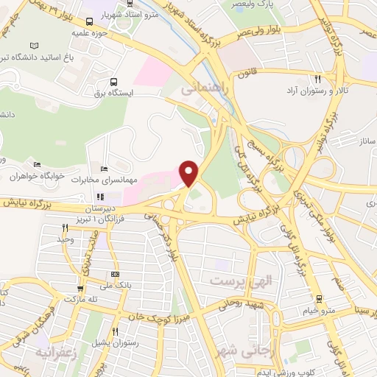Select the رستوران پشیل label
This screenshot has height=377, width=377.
pyautogui.click(x=110, y=344)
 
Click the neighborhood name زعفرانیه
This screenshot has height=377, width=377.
pyautogui.click(x=51, y=352)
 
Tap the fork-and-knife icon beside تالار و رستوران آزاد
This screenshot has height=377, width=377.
pyautogui.click(x=318, y=79)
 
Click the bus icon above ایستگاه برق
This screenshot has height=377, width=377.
pyautogui.click(x=114, y=82)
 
